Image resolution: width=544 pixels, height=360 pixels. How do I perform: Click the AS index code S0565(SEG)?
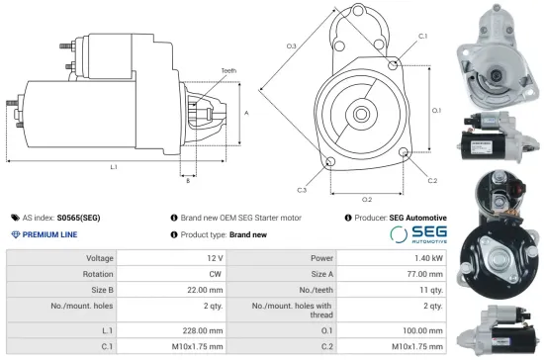[78, 217]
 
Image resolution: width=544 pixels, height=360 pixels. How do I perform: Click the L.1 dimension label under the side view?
[114, 167]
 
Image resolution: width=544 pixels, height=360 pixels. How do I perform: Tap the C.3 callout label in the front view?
[301, 189]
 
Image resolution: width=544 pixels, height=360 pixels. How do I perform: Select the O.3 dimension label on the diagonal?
[292, 46]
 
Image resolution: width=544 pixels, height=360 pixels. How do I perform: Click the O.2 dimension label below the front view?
[366, 199]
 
